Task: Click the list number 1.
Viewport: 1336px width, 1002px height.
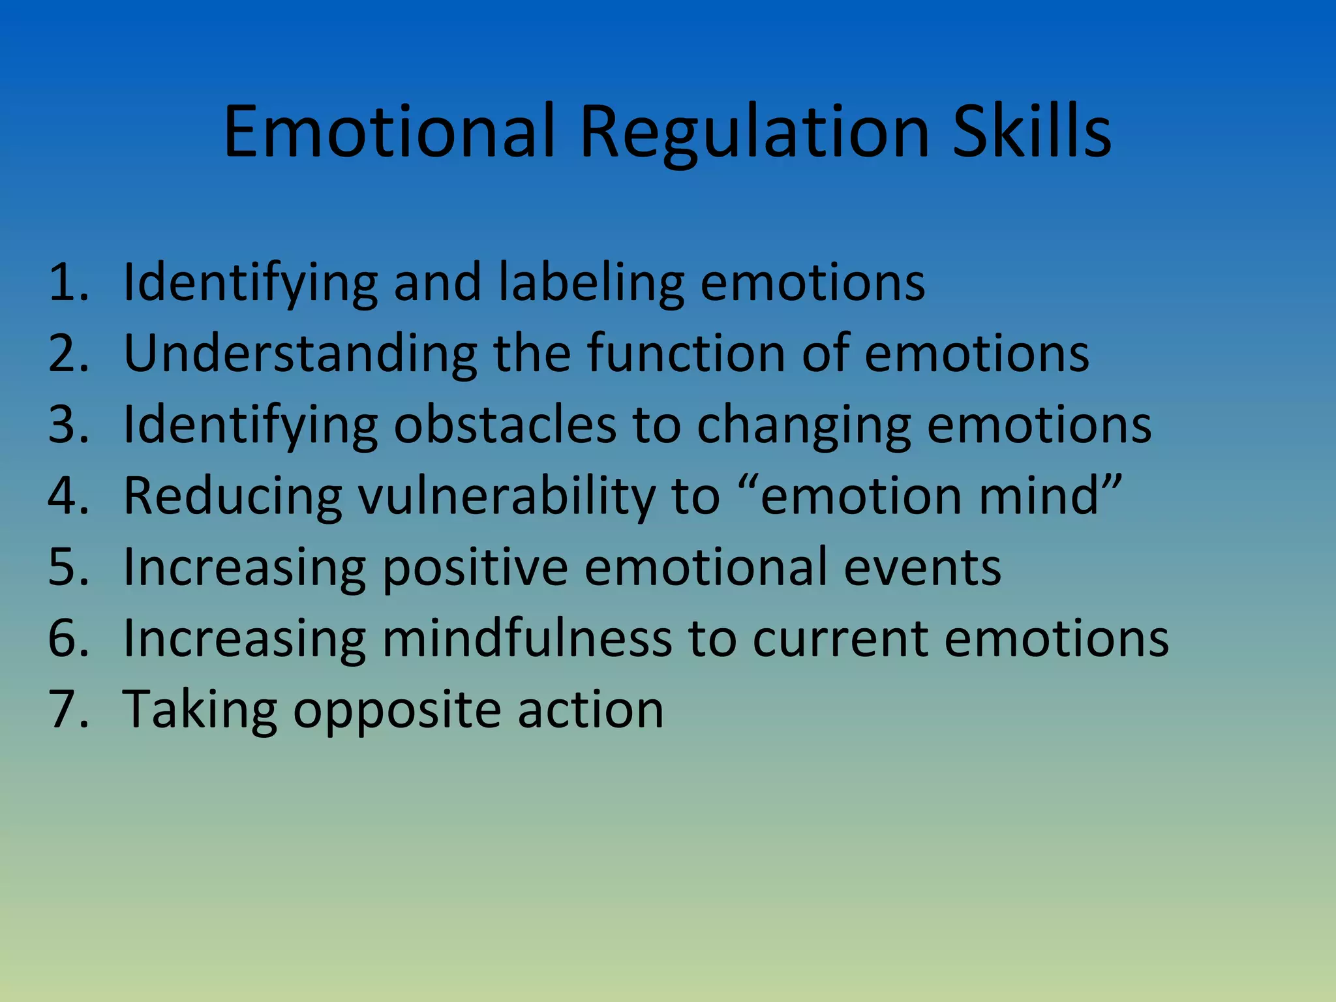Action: coord(67,282)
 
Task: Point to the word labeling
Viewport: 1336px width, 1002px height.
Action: coord(591,283)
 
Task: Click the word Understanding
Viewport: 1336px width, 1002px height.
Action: coord(300,353)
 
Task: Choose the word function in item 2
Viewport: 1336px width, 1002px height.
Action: coord(686,353)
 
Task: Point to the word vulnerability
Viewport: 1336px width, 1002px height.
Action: coord(507,496)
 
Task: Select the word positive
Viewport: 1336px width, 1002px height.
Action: coord(475,568)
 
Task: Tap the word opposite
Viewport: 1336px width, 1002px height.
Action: coord(397,710)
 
